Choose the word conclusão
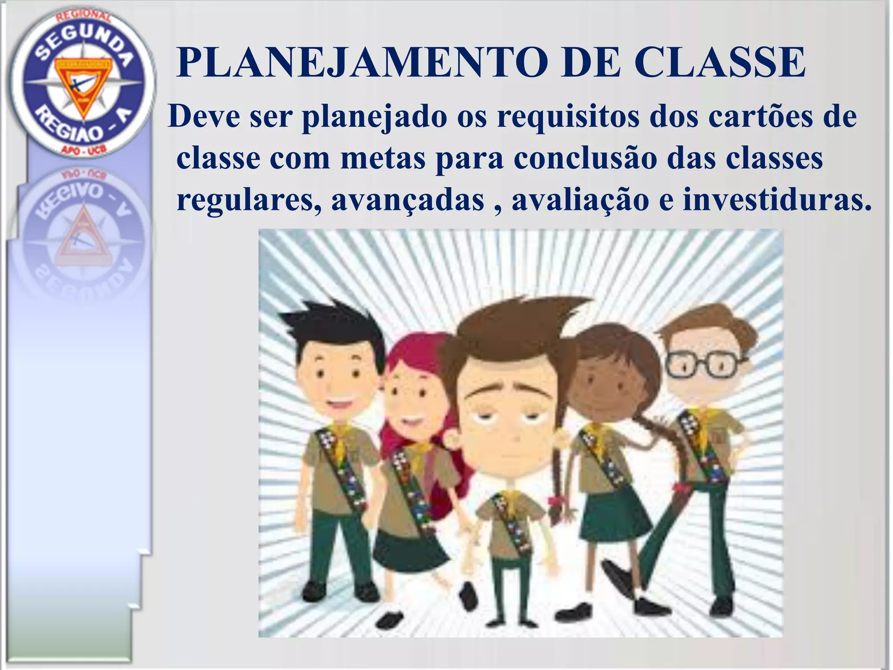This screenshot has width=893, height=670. click(x=585, y=158)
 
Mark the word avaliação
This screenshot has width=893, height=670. click(x=580, y=200)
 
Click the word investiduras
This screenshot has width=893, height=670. click(x=777, y=200)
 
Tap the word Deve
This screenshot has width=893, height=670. click(x=204, y=117)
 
